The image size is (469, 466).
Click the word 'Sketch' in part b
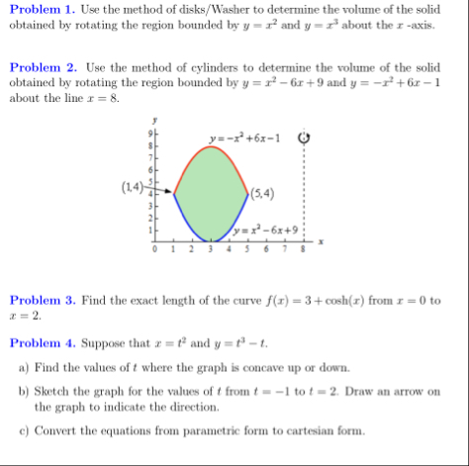[x=54, y=391]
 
